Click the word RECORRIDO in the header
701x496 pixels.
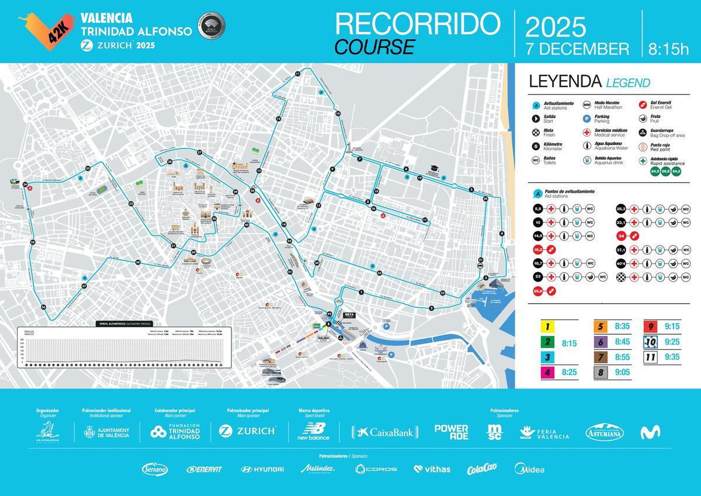418,23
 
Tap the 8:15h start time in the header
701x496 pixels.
669,48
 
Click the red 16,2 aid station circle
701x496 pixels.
538,249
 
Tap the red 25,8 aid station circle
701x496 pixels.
538,290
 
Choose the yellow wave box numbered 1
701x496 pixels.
547,327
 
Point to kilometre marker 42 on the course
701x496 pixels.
329,314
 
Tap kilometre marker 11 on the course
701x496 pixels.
297,73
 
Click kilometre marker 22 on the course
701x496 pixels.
442,293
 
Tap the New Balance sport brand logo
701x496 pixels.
313,432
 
